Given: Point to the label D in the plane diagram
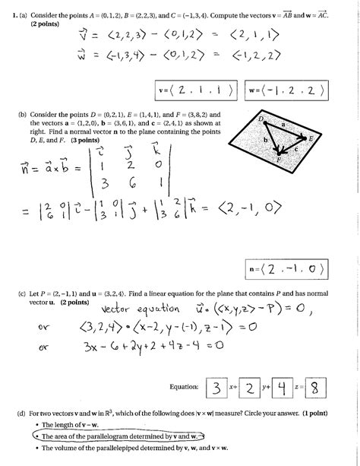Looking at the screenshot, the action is pyautogui.click(x=260, y=119).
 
